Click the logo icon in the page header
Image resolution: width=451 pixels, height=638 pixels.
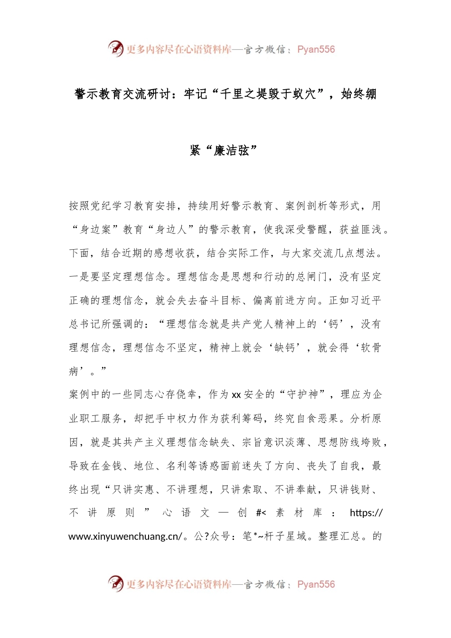point(115,48)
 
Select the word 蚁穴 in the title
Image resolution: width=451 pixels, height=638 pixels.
point(304,94)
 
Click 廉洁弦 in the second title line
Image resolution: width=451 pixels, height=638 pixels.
point(232,150)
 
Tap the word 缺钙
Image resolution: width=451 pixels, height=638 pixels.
point(284,348)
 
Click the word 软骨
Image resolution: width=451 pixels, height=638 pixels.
point(371,348)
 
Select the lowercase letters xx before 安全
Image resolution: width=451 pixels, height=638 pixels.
point(236,395)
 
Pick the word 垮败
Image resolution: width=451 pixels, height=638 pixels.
point(371,442)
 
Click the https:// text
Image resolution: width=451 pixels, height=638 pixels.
point(366,513)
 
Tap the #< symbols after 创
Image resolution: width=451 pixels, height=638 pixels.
point(261,513)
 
